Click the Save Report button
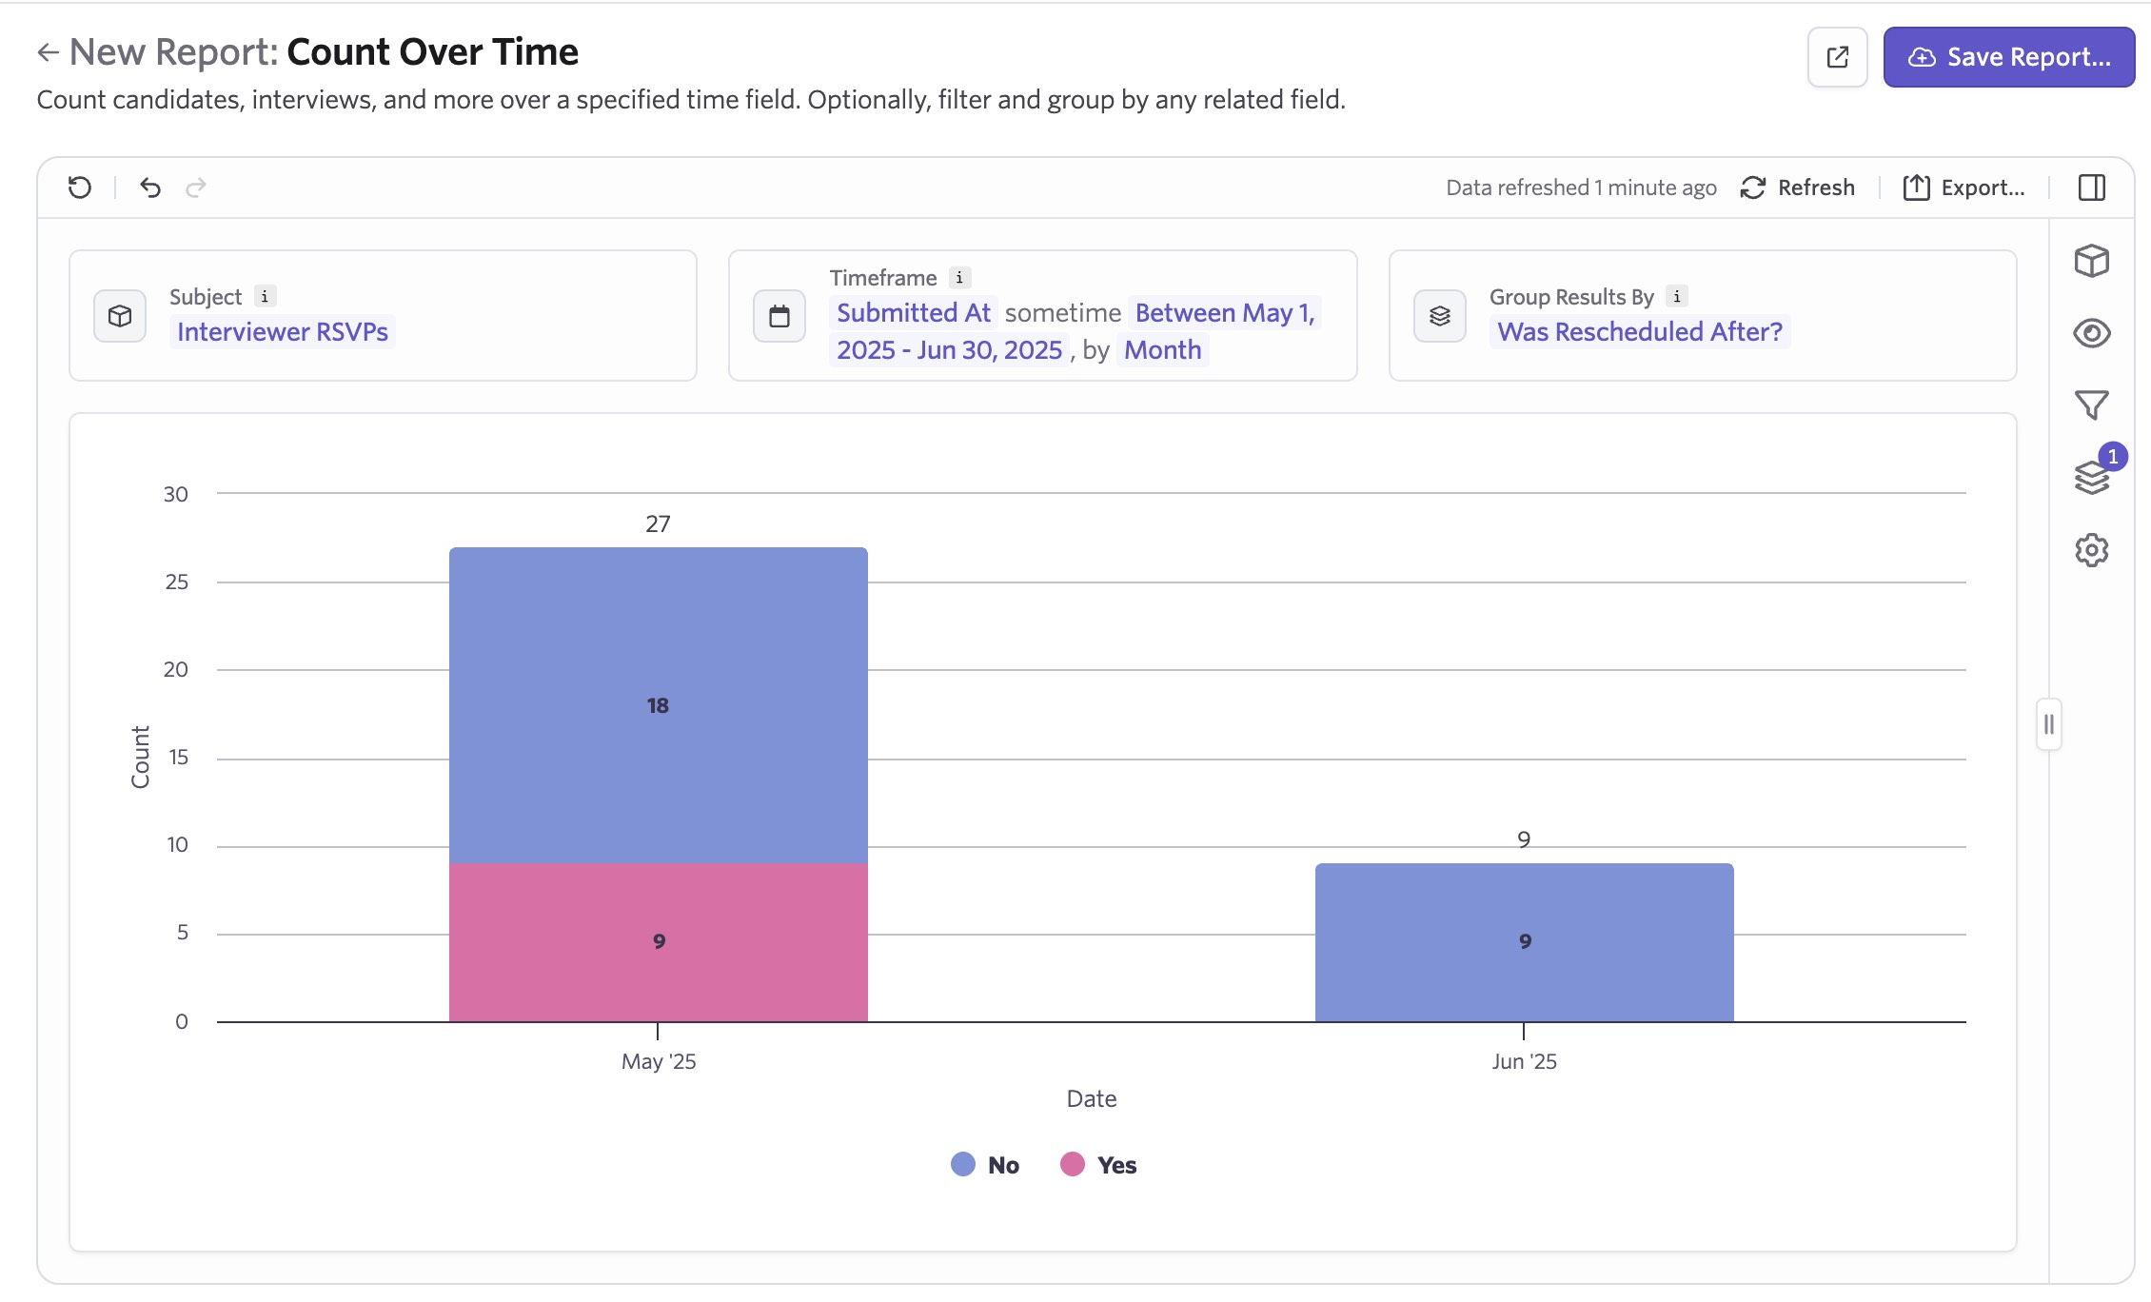click(2008, 57)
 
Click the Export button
click(1964, 187)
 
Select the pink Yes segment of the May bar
click(658, 941)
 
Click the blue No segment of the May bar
click(658, 705)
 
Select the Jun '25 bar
click(1524, 941)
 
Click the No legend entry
click(986, 1165)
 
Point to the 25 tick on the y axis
click(177, 582)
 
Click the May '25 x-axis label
click(659, 1061)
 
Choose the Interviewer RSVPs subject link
click(283, 331)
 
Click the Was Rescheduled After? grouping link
click(1639, 331)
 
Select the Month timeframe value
click(1162, 350)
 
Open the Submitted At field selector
click(914, 312)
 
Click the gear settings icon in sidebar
click(2091, 550)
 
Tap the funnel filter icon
click(2091, 405)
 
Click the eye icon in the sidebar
click(2091, 333)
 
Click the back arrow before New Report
click(48, 52)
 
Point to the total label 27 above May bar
click(658, 523)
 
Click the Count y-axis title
click(141, 757)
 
